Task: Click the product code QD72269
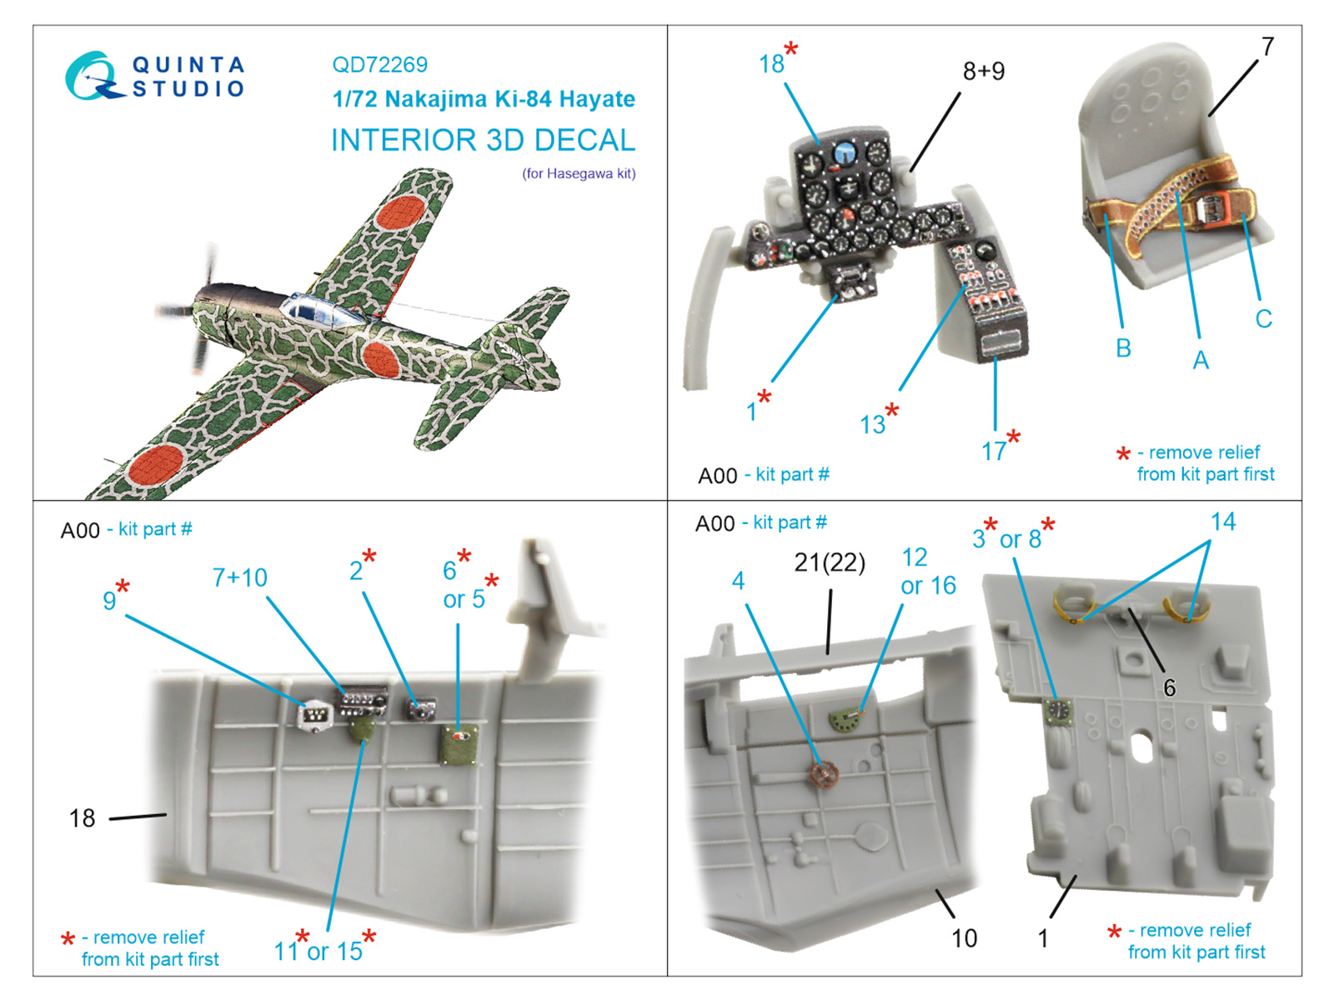[379, 64]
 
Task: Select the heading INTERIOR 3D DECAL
[483, 140]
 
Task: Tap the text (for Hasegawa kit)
[579, 173]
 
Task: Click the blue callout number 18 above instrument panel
[771, 63]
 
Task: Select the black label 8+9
[984, 71]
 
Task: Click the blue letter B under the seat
[1123, 347]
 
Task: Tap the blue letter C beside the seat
[1263, 318]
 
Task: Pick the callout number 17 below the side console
[993, 451]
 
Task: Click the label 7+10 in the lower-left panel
[239, 577]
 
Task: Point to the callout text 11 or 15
[318, 951]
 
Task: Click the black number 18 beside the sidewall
[82, 818]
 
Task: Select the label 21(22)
[830, 562]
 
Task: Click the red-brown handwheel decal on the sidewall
[825, 775]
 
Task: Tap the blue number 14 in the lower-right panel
[1222, 522]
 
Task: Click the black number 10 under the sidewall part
[964, 938]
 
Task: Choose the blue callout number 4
[738, 581]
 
